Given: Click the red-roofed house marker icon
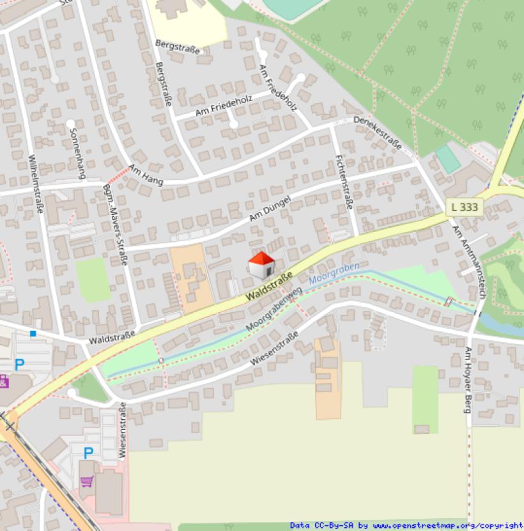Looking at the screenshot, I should (261, 265).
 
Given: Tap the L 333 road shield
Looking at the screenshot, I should (464, 207).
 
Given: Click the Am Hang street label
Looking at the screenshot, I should (146, 175).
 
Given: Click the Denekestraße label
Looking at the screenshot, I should (377, 133).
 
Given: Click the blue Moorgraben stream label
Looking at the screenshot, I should (334, 273).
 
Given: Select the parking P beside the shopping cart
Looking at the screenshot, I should (88, 453).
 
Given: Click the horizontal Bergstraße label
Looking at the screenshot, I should (178, 46).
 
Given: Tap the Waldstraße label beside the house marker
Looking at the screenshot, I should (269, 287).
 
